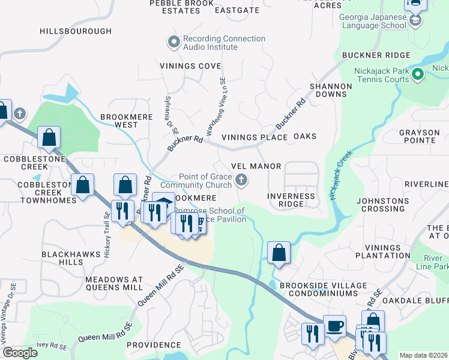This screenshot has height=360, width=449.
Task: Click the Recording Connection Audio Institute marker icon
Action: click(x=174, y=41)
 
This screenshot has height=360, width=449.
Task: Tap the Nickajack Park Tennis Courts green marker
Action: click(x=418, y=74)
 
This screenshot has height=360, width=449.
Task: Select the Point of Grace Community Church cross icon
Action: click(x=241, y=179)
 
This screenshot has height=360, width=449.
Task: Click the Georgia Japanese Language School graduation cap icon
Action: click(x=415, y=21)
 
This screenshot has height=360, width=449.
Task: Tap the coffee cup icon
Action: click(x=334, y=326)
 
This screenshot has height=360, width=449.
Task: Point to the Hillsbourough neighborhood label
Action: click(x=76, y=31)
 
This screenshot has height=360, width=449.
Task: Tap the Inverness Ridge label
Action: click(x=291, y=200)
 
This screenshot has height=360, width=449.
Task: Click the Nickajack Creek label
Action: click(x=339, y=175)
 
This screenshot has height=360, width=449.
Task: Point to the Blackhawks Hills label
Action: click(x=71, y=258)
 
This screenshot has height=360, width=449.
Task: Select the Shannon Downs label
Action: click(x=331, y=90)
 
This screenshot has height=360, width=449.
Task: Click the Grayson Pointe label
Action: click(x=425, y=136)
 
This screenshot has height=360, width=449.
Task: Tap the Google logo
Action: click(x=20, y=353)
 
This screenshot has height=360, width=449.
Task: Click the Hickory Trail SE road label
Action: click(x=107, y=235)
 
